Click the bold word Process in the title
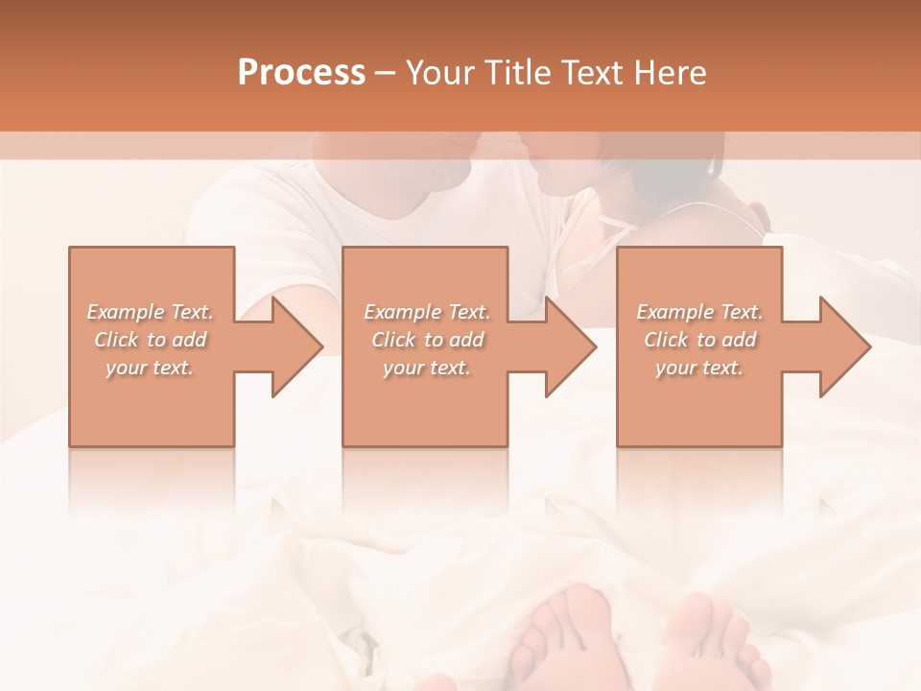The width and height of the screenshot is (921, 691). click(x=301, y=72)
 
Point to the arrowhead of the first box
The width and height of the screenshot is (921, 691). click(x=297, y=346)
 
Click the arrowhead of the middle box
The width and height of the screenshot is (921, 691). click(x=572, y=346)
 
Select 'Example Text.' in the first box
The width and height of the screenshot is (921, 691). click(x=150, y=312)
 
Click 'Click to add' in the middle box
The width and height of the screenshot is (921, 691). click(x=427, y=340)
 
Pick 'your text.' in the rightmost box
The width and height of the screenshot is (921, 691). click(x=699, y=368)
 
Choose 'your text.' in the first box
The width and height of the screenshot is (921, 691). click(x=150, y=368)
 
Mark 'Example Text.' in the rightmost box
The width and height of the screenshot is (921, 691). click(x=699, y=312)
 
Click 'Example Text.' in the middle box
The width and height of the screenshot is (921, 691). click(x=427, y=312)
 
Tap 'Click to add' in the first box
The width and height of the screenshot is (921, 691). click(x=150, y=340)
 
